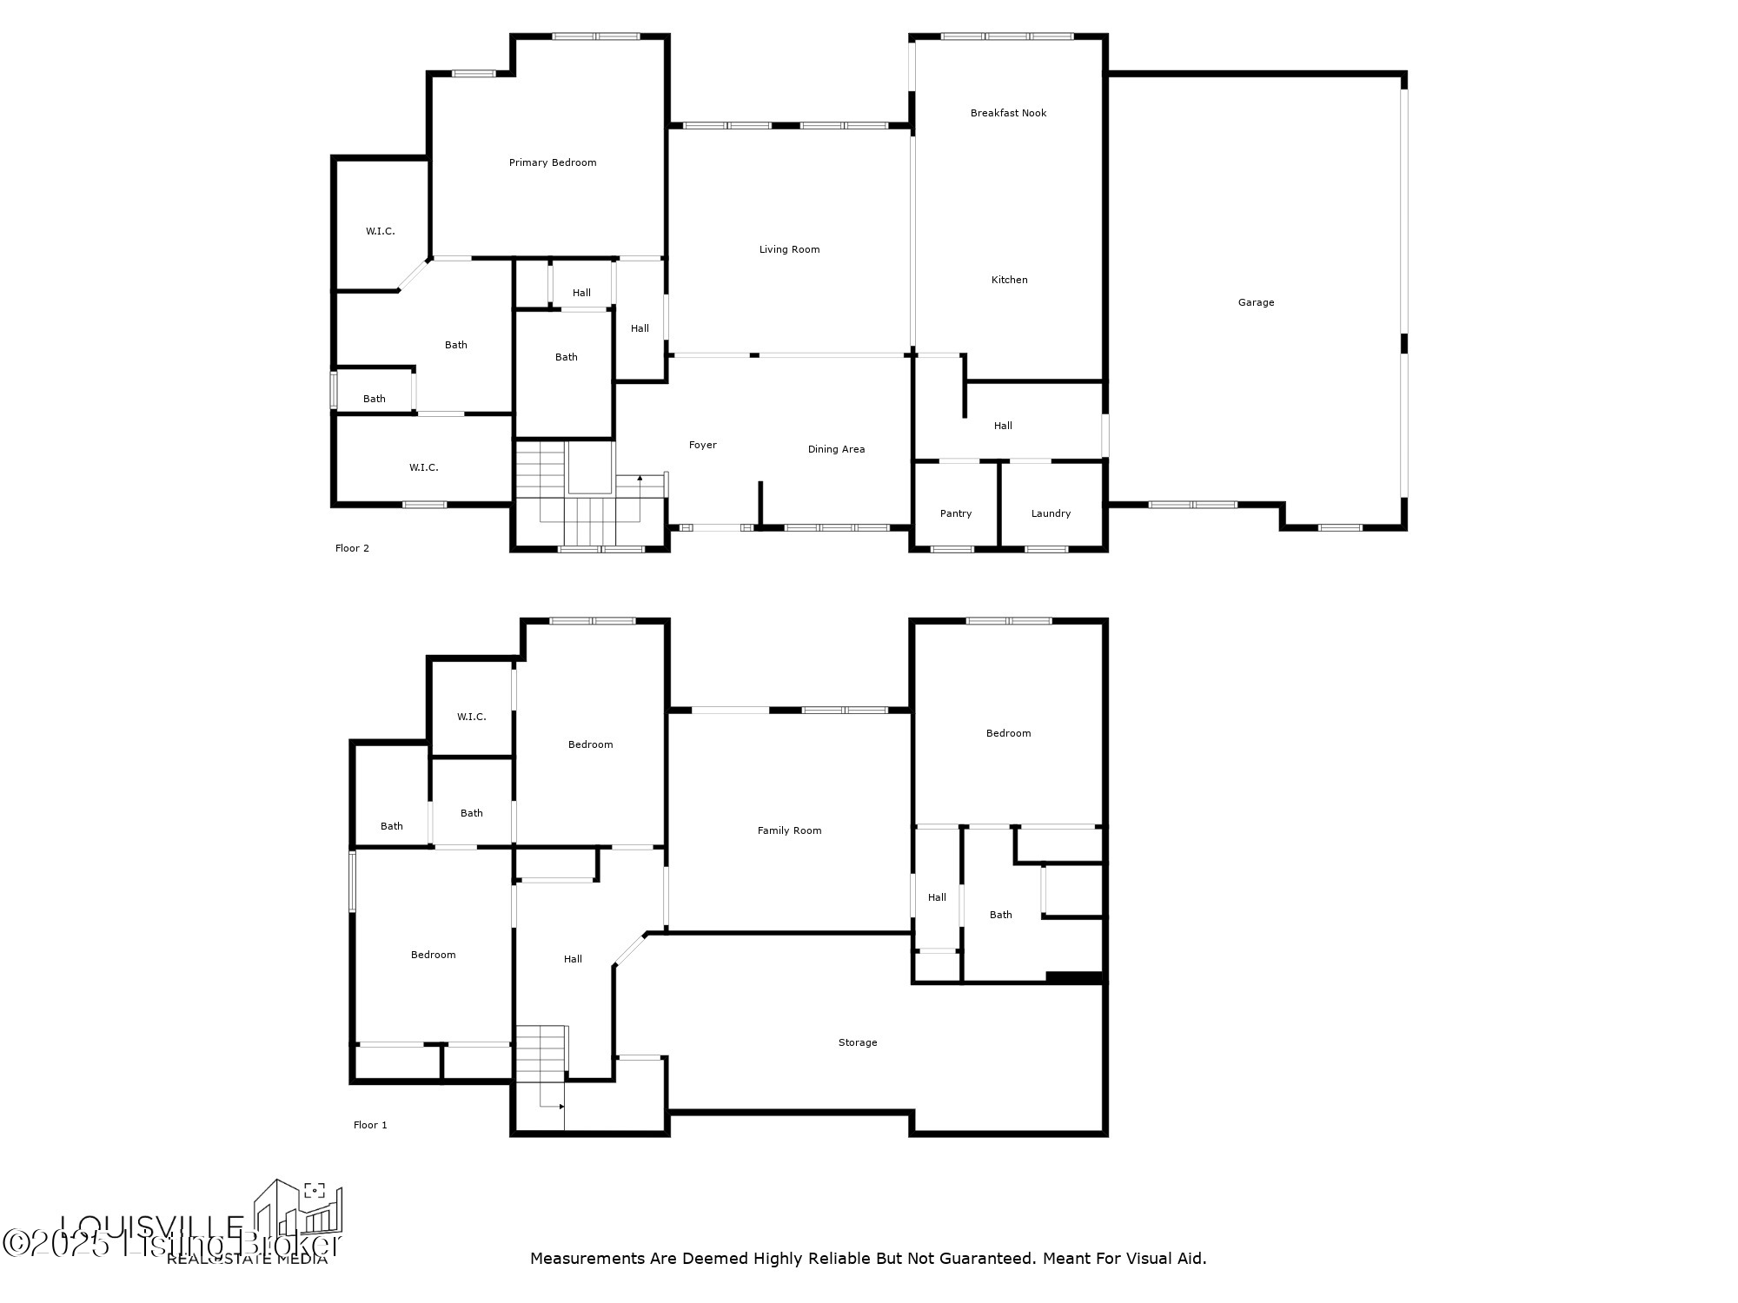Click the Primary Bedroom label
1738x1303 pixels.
pyautogui.click(x=553, y=162)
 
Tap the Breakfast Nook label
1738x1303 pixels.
pyautogui.click(x=1008, y=113)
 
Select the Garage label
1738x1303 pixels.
pyautogui.click(x=1256, y=302)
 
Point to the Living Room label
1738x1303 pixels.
pyautogui.click(x=789, y=249)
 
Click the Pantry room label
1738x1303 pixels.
pyautogui.click(x=955, y=513)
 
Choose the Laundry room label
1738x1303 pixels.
pyautogui.click(x=1051, y=513)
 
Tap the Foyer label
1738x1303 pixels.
pyautogui.click(x=702, y=445)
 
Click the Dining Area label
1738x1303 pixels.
pyautogui.click(x=836, y=449)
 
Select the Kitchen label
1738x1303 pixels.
pyautogui.click(x=1009, y=280)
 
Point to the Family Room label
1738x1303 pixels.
pyautogui.click(x=789, y=830)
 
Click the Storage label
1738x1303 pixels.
pyautogui.click(x=857, y=1042)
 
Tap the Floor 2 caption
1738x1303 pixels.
pyautogui.click(x=352, y=548)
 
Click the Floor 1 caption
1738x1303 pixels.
pyautogui.click(x=370, y=1125)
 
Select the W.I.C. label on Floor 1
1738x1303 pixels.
pyautogui.click(x=471, y=717)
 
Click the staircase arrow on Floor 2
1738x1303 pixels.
pyautogui.click(x=640, y=479)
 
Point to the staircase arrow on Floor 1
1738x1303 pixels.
pyautogui.click(x=561, y=1107)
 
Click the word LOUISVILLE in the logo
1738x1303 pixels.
pyautogui.click(x=152, y=1226)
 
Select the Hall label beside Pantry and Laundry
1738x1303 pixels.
pyautogui.click(x=1003, y=426)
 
